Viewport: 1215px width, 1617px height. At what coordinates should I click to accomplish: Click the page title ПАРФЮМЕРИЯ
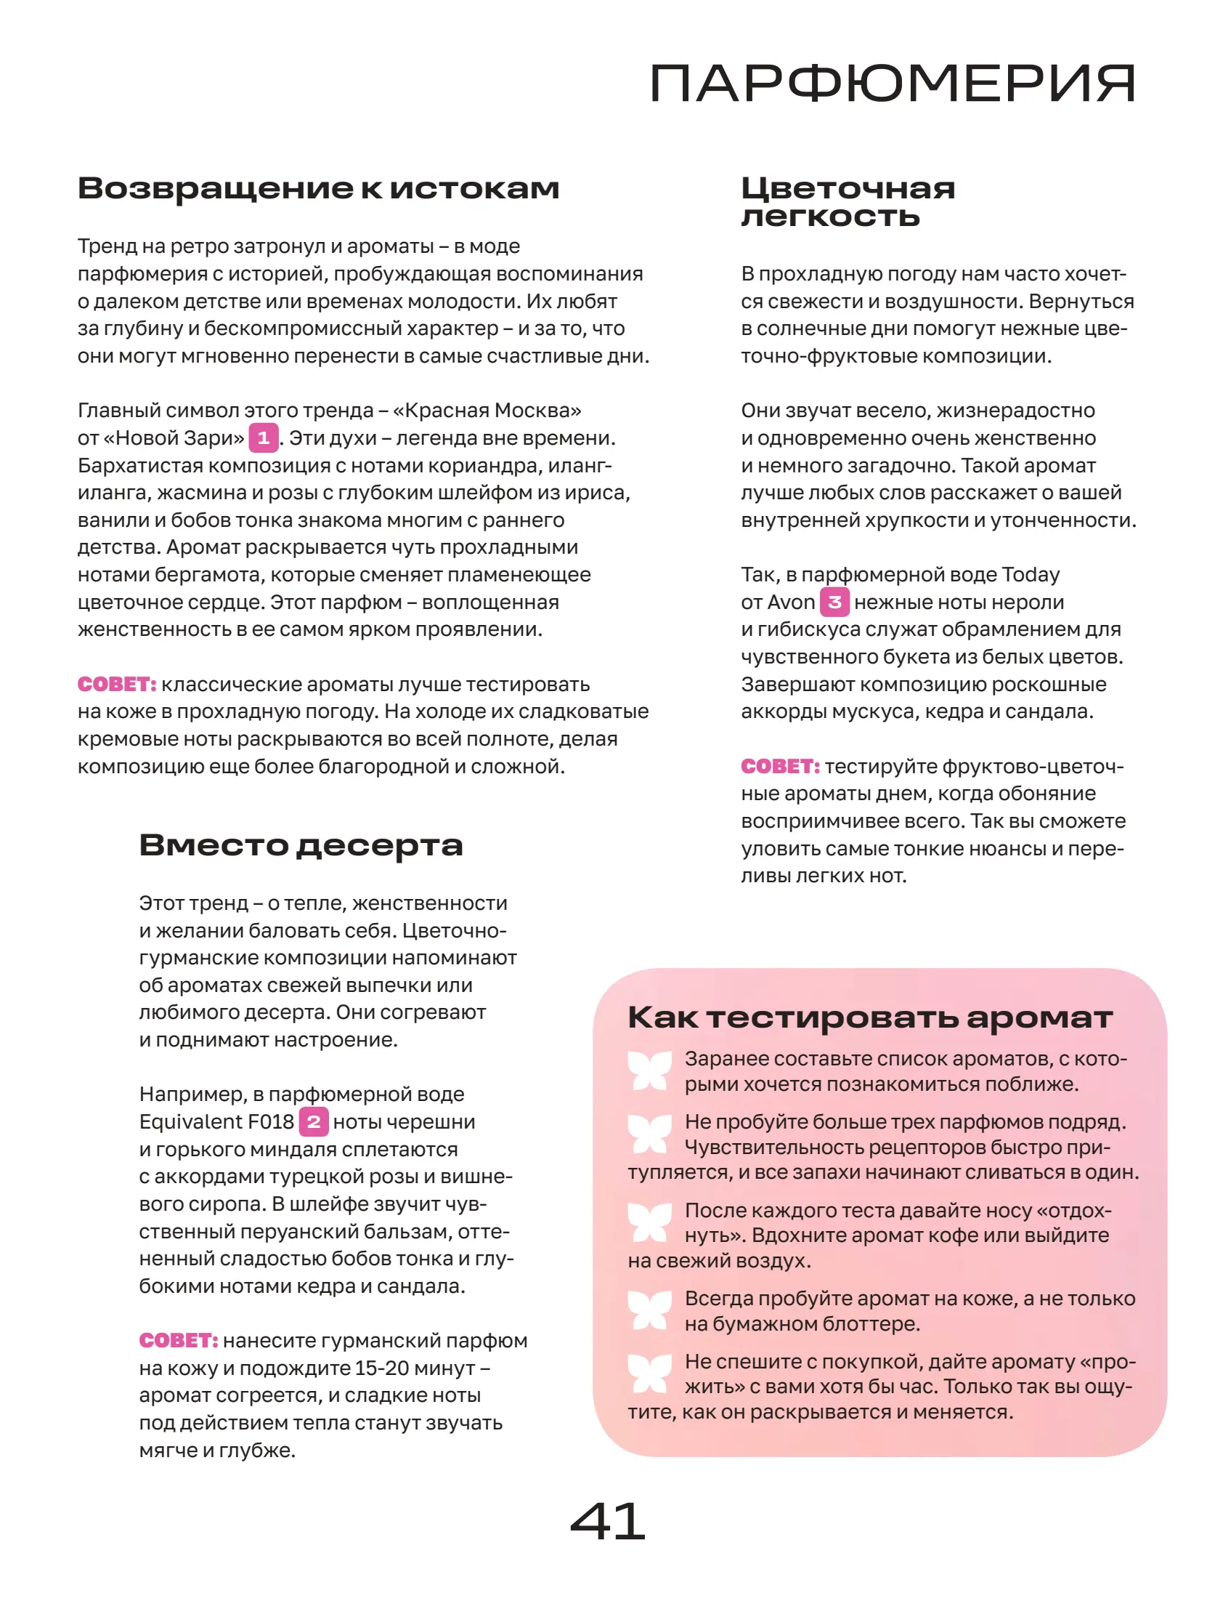892,84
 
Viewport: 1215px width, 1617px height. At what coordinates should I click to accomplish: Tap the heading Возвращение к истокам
319,188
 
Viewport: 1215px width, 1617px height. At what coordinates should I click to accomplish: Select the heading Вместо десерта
301,845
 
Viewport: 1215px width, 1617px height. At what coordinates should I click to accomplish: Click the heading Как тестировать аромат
870,1017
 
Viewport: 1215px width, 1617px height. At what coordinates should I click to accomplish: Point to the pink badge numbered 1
263,438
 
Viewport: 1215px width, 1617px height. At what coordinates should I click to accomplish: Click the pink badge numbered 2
314,1121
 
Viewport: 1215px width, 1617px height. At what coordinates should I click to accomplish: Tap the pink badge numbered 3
834,602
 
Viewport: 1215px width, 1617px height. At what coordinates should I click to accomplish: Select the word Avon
792,602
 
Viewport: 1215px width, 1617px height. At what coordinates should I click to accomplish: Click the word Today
1030,575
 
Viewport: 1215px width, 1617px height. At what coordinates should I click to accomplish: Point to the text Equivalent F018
216,1122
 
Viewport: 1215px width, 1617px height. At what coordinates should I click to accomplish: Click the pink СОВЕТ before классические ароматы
117,685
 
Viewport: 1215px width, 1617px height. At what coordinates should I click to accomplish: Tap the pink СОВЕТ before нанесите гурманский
178,1340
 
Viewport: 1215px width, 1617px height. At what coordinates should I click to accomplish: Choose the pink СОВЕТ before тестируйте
780,766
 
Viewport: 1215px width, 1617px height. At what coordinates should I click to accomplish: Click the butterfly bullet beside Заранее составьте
649,1071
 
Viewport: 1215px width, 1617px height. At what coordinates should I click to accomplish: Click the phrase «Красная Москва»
487,411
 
